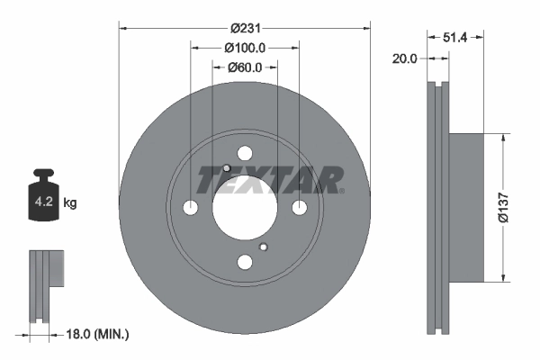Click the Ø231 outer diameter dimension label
(x=245, y=28)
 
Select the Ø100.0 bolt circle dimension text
(x=244, y=47)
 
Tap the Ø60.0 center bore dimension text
(x=244, y=67)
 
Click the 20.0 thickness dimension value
(x=406, y=58)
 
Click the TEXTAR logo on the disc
(x=269, y=179)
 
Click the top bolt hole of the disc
(x=245, y=154)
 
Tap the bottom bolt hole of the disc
(x=245, y=262)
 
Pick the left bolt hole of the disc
(x=191, y=208)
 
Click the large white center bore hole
(x=245, y=208)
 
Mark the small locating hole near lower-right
(x=263, y=247)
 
